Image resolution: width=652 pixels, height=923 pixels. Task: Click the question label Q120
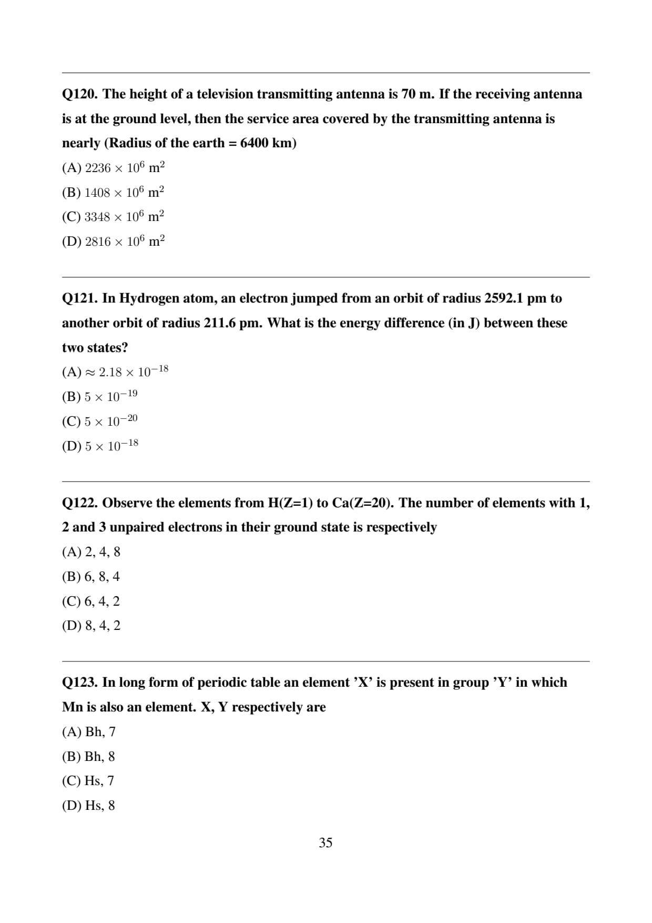tap(80, 94)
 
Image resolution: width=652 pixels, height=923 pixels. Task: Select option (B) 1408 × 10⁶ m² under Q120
tap(113, 192)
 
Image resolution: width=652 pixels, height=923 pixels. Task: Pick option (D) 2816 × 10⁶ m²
tap(113, 242)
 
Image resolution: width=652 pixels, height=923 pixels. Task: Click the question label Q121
tap(80, 298)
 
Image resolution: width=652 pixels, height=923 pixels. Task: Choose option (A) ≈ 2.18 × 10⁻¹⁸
tap(115, 372)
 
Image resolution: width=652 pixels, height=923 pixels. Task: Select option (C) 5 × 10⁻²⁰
tap(100, 421)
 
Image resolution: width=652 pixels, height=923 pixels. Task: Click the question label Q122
tap(80, 503)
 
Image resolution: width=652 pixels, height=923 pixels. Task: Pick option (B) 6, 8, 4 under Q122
tap(91, 577)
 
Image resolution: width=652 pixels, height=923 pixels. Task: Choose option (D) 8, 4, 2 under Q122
tap(91, 626)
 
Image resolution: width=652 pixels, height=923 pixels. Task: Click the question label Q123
tap(80, 683)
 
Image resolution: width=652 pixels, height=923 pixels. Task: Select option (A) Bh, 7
tap(89, 732)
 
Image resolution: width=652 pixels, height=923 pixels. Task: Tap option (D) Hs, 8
tap(88, 806)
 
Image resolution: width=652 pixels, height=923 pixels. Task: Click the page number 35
tap(325, 843)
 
